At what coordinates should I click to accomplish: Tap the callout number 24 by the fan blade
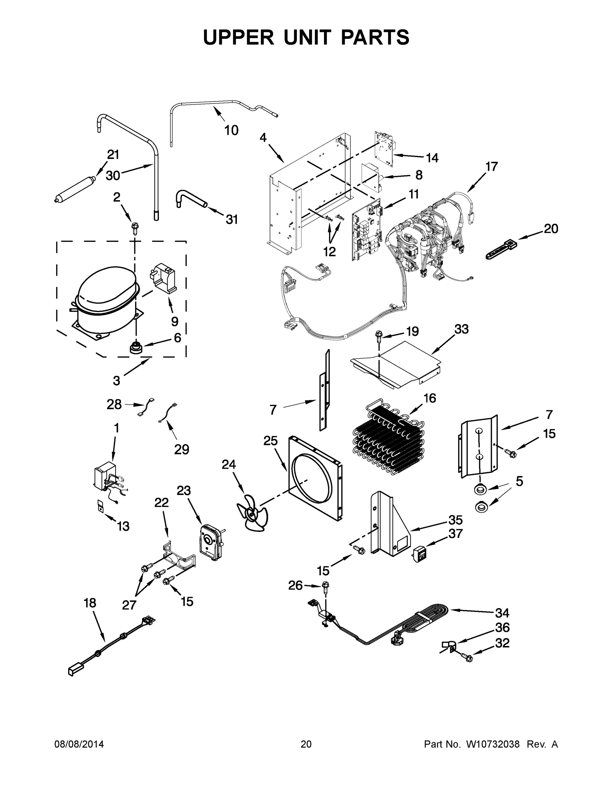(229, 464)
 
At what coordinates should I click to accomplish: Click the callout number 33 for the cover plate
(461, 329)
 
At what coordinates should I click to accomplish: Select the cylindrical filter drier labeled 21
(74, 189)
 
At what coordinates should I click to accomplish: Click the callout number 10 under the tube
(231, 130)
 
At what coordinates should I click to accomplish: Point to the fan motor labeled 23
(211, 542)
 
